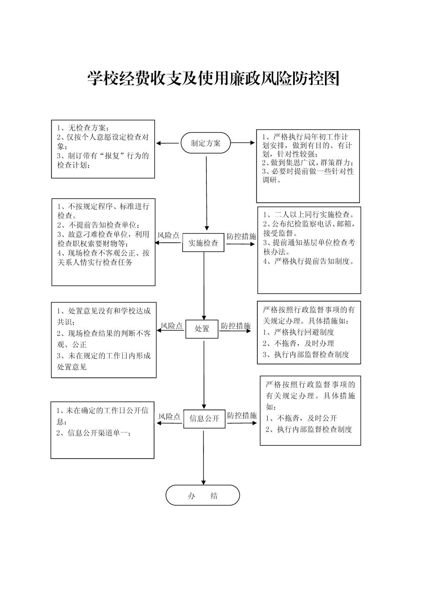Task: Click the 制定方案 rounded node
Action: click(x=206, y=143)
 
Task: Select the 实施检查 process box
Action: click(x=203, y=243)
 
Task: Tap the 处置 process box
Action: click(x=202, y=329)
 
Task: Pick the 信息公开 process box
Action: click(x=204, y=419)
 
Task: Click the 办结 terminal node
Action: click(x=202, y=495)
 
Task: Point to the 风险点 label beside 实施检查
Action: click(x=168, y=235)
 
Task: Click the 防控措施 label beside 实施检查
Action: click(x=241, y=237)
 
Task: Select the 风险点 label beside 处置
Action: click(x=172, y=326)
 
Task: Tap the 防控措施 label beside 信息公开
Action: click(x=242, y=415)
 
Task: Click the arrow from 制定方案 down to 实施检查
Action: click(x=207, y=193)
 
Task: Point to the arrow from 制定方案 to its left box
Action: click(x=167, y=143)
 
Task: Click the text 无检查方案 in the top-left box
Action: click(x=87, y=128)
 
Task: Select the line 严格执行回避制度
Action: click(x=304, y=332)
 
